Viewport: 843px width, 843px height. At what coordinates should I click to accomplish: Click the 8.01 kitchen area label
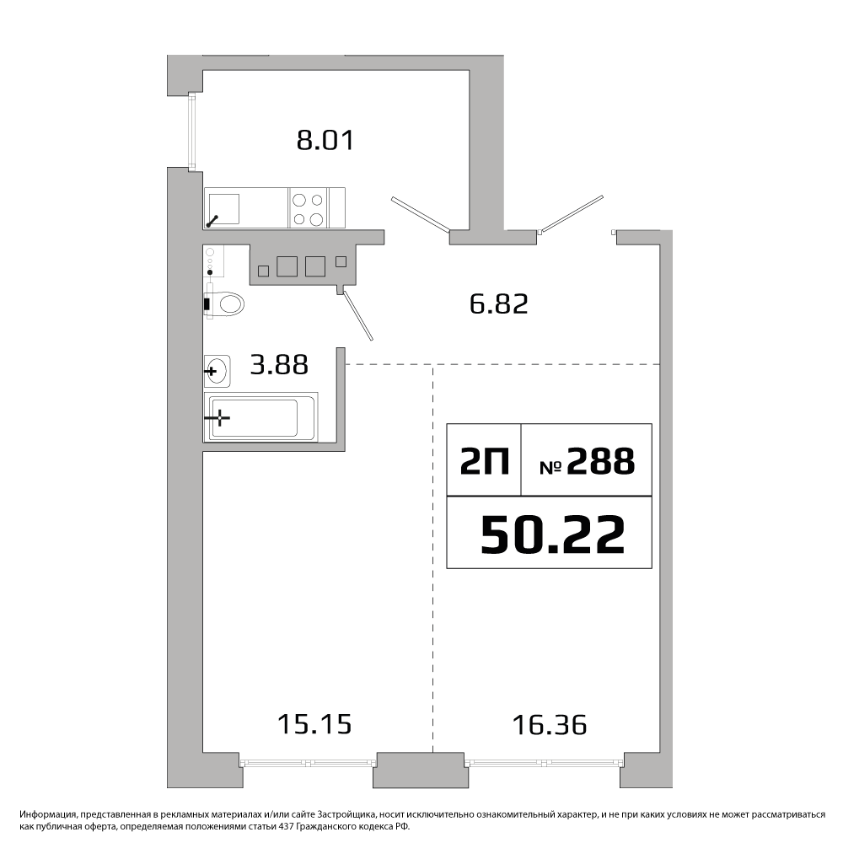(325, 140)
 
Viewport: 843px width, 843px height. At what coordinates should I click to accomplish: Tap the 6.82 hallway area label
(499, 303)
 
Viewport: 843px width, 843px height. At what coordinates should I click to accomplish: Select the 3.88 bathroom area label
(280, 364)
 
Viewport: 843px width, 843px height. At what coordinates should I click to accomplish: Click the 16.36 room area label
(550, 725)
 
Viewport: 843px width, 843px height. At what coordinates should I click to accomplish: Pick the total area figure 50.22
(553, 534)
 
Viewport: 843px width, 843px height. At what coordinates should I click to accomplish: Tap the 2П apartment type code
(485, 461)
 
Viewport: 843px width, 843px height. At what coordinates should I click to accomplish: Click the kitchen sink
(223, 208)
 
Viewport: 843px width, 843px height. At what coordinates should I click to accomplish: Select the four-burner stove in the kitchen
(308, 208)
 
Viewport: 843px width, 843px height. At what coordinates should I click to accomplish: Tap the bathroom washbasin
(217, 371)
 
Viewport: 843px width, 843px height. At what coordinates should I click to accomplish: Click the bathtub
(260, 418)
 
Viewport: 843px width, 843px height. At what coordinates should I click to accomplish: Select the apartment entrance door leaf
(572, 214)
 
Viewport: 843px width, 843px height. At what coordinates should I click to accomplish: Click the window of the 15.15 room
(309, 761)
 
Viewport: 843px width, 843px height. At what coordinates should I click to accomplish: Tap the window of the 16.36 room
(544, 762)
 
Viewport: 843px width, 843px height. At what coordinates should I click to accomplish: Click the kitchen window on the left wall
(191, 131)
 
